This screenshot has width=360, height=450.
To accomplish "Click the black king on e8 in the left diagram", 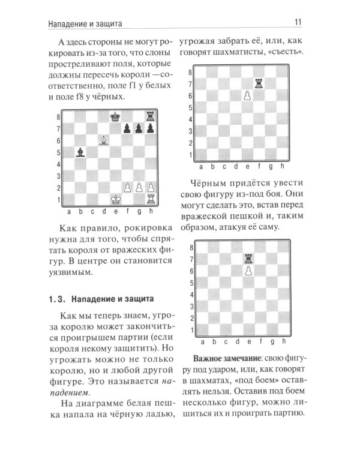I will [116, 115].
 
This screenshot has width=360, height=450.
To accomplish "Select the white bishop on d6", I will [103, 140].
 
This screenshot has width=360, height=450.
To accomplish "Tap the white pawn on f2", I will [128, 189].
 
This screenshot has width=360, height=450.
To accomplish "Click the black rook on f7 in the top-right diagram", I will [259, 85].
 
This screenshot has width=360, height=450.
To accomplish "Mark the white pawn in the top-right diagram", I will [247, 97].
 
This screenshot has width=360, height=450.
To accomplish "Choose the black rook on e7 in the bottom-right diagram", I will [247, 259].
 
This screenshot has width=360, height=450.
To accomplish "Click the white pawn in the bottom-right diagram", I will [247, 271].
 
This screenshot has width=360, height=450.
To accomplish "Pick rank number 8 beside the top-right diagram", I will [191, 72].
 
